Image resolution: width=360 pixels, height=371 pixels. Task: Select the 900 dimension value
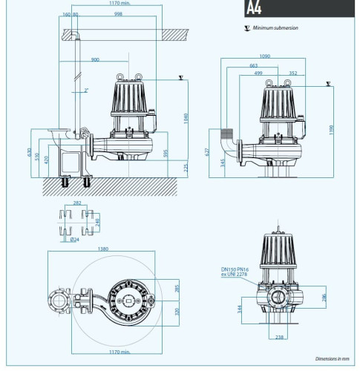(x=95, y=59)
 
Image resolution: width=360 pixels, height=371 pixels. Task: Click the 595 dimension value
(x=166, y=154)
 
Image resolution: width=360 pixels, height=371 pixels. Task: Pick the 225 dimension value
(x=166, y=168)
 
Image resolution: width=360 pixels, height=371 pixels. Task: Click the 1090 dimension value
(x=265, y=55)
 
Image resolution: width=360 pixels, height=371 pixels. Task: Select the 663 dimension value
(x=255, y=65)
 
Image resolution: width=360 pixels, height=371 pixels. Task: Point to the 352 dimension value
(x=292, y=73)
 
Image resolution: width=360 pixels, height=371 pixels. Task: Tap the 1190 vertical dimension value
(x=331, y=129)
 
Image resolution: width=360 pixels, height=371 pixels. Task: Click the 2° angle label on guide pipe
(x=86, y=90)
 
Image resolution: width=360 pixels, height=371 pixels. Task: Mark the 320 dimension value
(x=176, y=311)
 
